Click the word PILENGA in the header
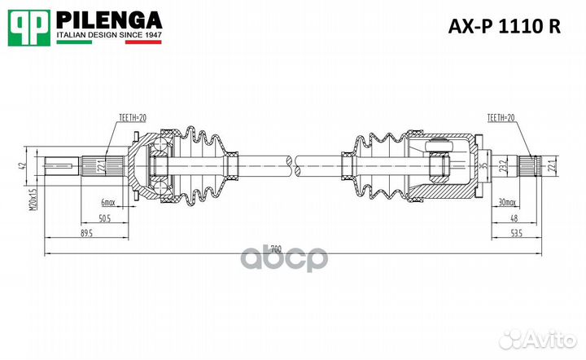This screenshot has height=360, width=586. point(108,20)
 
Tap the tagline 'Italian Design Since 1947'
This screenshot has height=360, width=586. point(109,37)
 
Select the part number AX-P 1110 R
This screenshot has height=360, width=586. point(505,26)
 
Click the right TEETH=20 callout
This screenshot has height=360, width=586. point(501,118)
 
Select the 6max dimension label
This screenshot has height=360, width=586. point(108,200)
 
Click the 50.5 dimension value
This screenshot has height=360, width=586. point(104,218)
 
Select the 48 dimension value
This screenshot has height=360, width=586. point(514,218)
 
